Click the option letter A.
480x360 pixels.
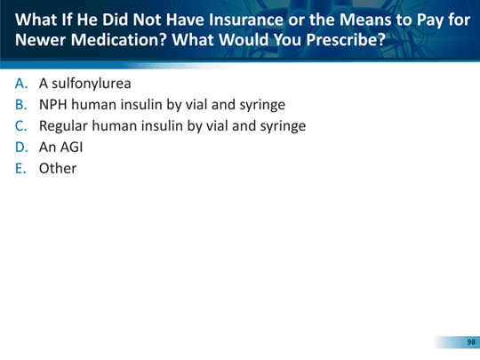pyautogui.click(x=21, y=84)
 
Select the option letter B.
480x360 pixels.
pyautogui.click(x=21, y=105)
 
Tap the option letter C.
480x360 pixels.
pyautogui.click(x=20, y=126)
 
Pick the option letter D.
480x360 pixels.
pyautogui.click(x=21, y=148)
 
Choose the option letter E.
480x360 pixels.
pyautogui.click(x=20, y=168)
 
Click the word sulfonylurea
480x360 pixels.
pyautogui.click(x=92, y=84)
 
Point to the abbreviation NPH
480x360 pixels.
pyautogui.click(x=53, y=105)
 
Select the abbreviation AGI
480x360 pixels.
pyautogui.click(x=72, y=148)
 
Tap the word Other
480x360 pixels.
pyautogui.click(x=58, y=168)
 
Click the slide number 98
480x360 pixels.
pyautogui.click(x=471, y=342)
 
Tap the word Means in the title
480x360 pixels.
pyautogui.click(x=366, y=20)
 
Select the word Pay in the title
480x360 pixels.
pyautogui.click(x=430, y=20)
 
